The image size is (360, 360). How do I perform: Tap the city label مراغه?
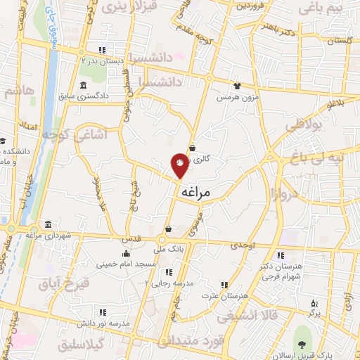(196, 191)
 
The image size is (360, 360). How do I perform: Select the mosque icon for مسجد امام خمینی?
(126, 254)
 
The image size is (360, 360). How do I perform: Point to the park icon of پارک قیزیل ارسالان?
(302, 345)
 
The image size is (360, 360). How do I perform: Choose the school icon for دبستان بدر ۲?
(103, 50)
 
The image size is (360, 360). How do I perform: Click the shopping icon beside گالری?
(193, 147)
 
